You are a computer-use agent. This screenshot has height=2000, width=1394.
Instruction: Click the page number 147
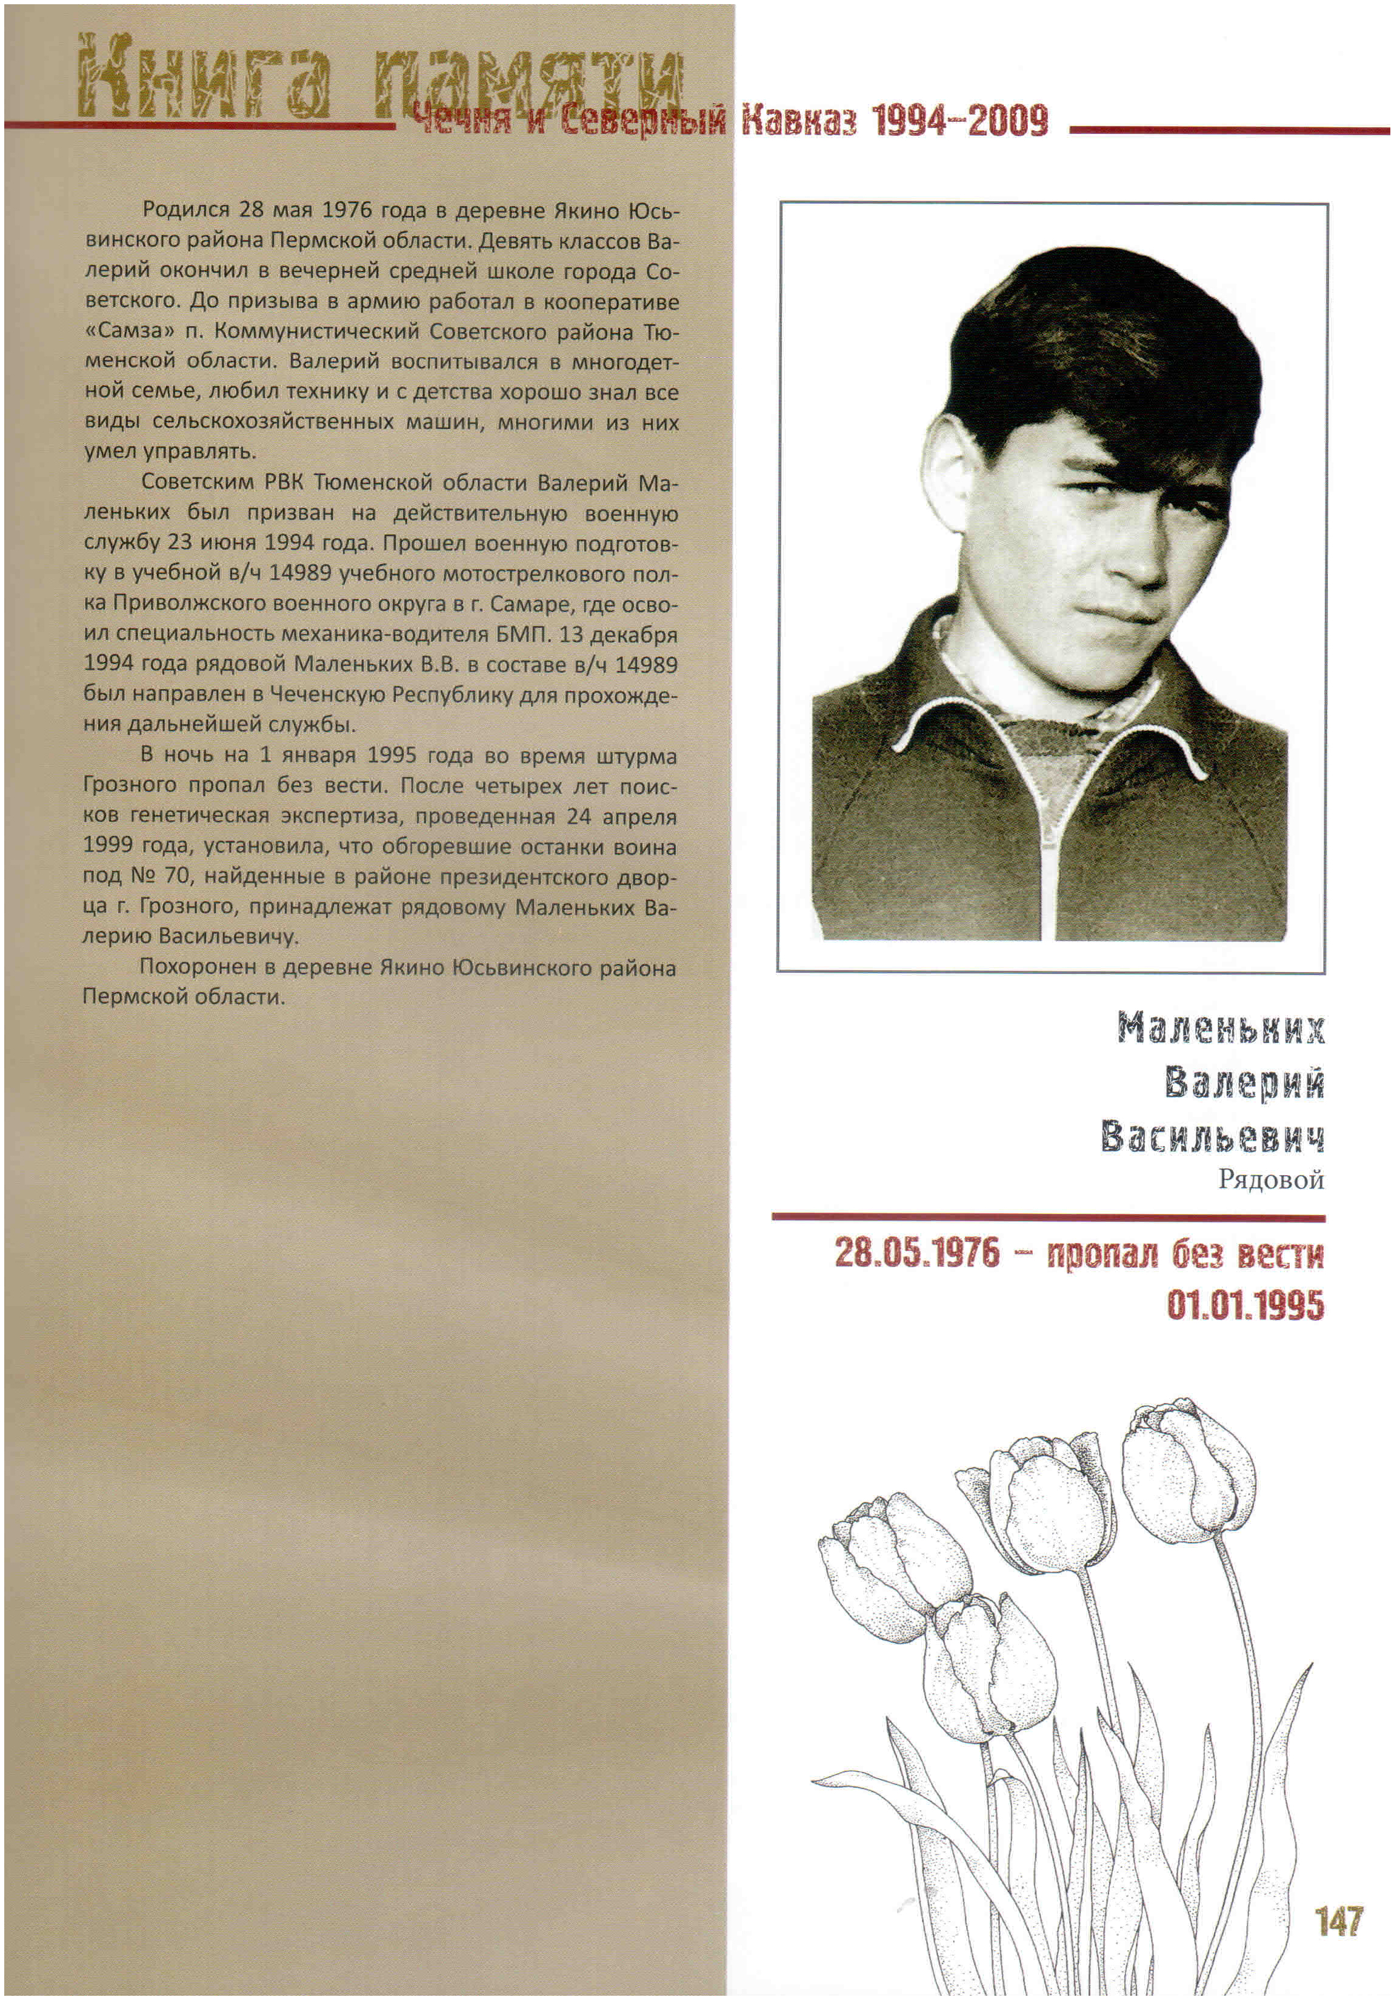(1338, 1921)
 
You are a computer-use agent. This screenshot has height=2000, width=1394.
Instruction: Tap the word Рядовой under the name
(1270, 1181)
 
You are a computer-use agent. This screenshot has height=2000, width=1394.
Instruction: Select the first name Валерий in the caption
(1244, 1084)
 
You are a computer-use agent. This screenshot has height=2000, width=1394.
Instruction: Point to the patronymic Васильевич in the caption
(1212, 1138)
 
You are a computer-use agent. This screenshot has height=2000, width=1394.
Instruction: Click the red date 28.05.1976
(918, 1255)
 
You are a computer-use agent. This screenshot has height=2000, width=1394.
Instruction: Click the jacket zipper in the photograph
(1052, 862)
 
